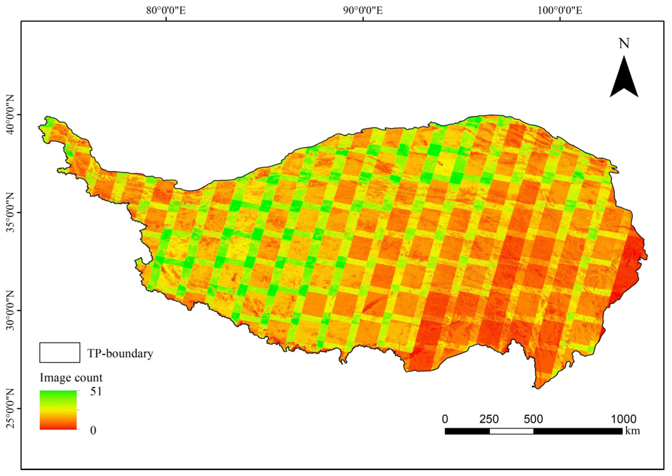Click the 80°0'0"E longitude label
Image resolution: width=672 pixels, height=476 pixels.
[166, 11]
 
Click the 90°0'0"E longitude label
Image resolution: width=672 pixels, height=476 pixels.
[363, 11]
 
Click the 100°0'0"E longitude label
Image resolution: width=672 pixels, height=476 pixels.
[560, 11]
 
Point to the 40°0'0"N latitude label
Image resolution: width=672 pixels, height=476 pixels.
[11, 115]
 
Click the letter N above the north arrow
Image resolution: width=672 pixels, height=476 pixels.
[624, 44]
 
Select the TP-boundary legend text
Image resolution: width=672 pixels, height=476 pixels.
[120, 353]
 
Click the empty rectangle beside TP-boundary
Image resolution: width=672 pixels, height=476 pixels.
[60, 353]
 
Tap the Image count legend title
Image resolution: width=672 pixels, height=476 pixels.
[71, 378]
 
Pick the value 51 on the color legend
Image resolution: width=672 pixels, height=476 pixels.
[96, 392]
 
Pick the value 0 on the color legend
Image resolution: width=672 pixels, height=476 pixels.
[93, 430]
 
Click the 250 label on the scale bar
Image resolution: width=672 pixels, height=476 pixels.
[489, 419]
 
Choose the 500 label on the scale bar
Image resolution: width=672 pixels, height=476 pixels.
[533, 419]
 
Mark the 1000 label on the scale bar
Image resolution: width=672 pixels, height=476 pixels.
[624, 419]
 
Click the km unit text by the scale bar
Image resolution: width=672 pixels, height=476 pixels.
[633, 431]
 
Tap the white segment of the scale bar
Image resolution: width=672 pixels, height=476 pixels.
[511, 431]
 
